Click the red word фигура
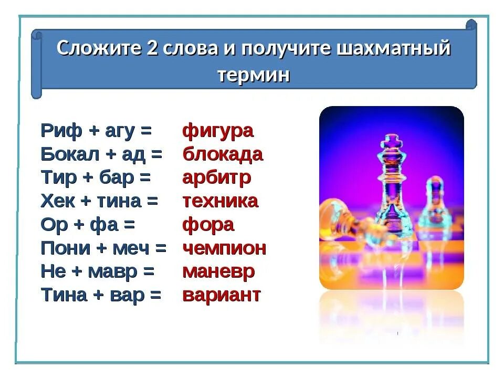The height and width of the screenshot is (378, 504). click(x=218, y=131)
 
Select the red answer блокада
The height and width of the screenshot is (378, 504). click(x=223, y=154)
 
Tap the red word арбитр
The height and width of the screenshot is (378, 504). click(x=216, y=177)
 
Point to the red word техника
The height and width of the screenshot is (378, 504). click(x=220, y=201)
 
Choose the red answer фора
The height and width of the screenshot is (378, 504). click(x=208, y=225)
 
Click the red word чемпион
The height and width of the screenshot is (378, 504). click(x=224, y=248)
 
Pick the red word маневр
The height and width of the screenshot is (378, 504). click(x=218, y=271)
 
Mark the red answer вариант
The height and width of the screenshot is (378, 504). click(x=222, y=295)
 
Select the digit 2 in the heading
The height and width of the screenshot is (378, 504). click(x=149, y=48)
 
